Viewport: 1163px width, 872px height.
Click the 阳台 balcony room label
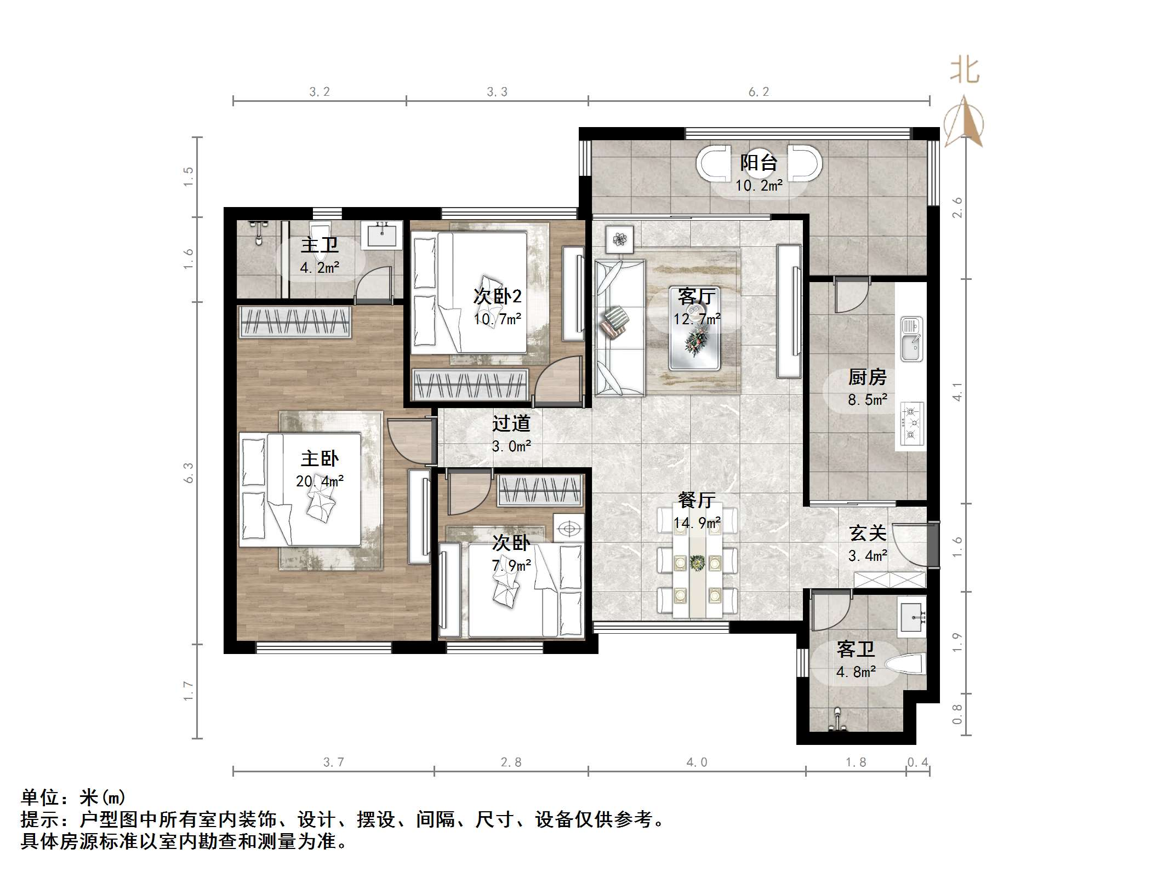[x=759, y=163]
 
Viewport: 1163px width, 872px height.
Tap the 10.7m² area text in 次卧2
[x=497, y=319]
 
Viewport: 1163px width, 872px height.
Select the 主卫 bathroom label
[x=320, y=245]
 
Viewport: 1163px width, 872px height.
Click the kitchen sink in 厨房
[x=911, y=339]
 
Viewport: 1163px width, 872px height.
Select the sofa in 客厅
[x=619, y=328]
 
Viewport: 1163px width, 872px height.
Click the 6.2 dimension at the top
[x=759, y=92]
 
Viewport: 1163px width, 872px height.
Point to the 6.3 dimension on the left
[x=189, y=473]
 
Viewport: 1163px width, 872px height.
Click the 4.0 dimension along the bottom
[x=697, y=762]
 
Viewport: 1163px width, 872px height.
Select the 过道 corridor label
[x=511, y=423]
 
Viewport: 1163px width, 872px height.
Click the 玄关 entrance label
[x=868, y=533]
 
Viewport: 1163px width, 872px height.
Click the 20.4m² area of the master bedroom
[x=320, y=481]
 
